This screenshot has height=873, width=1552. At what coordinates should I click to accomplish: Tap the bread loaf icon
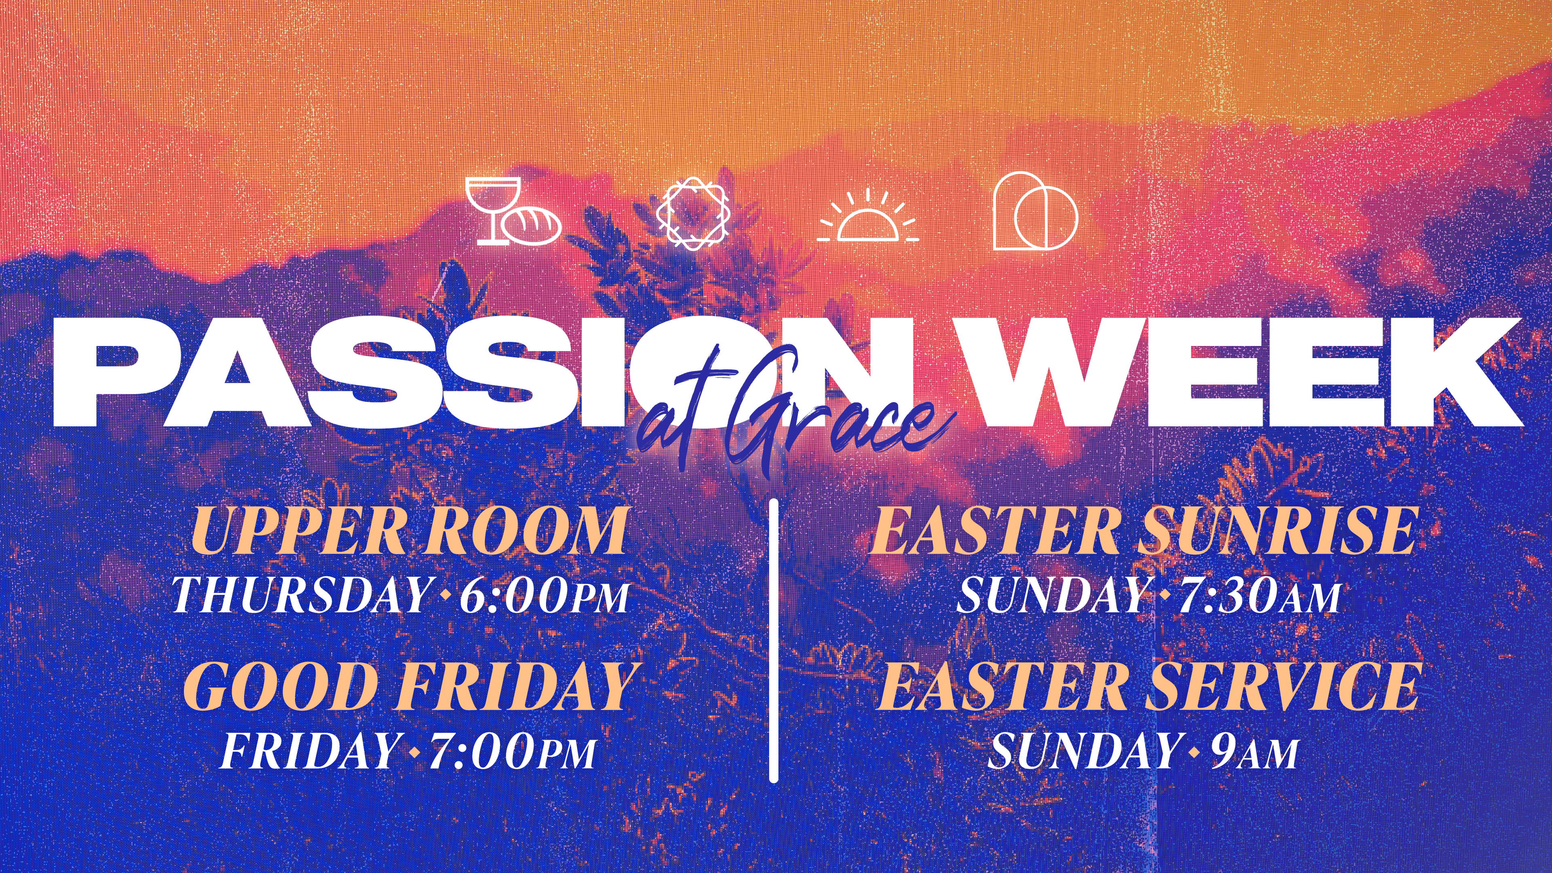531,226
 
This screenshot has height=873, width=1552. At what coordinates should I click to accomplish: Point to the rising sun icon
868,217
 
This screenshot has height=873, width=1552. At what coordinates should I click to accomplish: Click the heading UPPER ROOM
409,530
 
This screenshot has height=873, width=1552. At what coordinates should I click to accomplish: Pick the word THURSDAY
301,595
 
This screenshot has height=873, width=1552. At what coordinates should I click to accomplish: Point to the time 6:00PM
545,595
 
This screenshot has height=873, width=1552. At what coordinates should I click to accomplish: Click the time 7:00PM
512,751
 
